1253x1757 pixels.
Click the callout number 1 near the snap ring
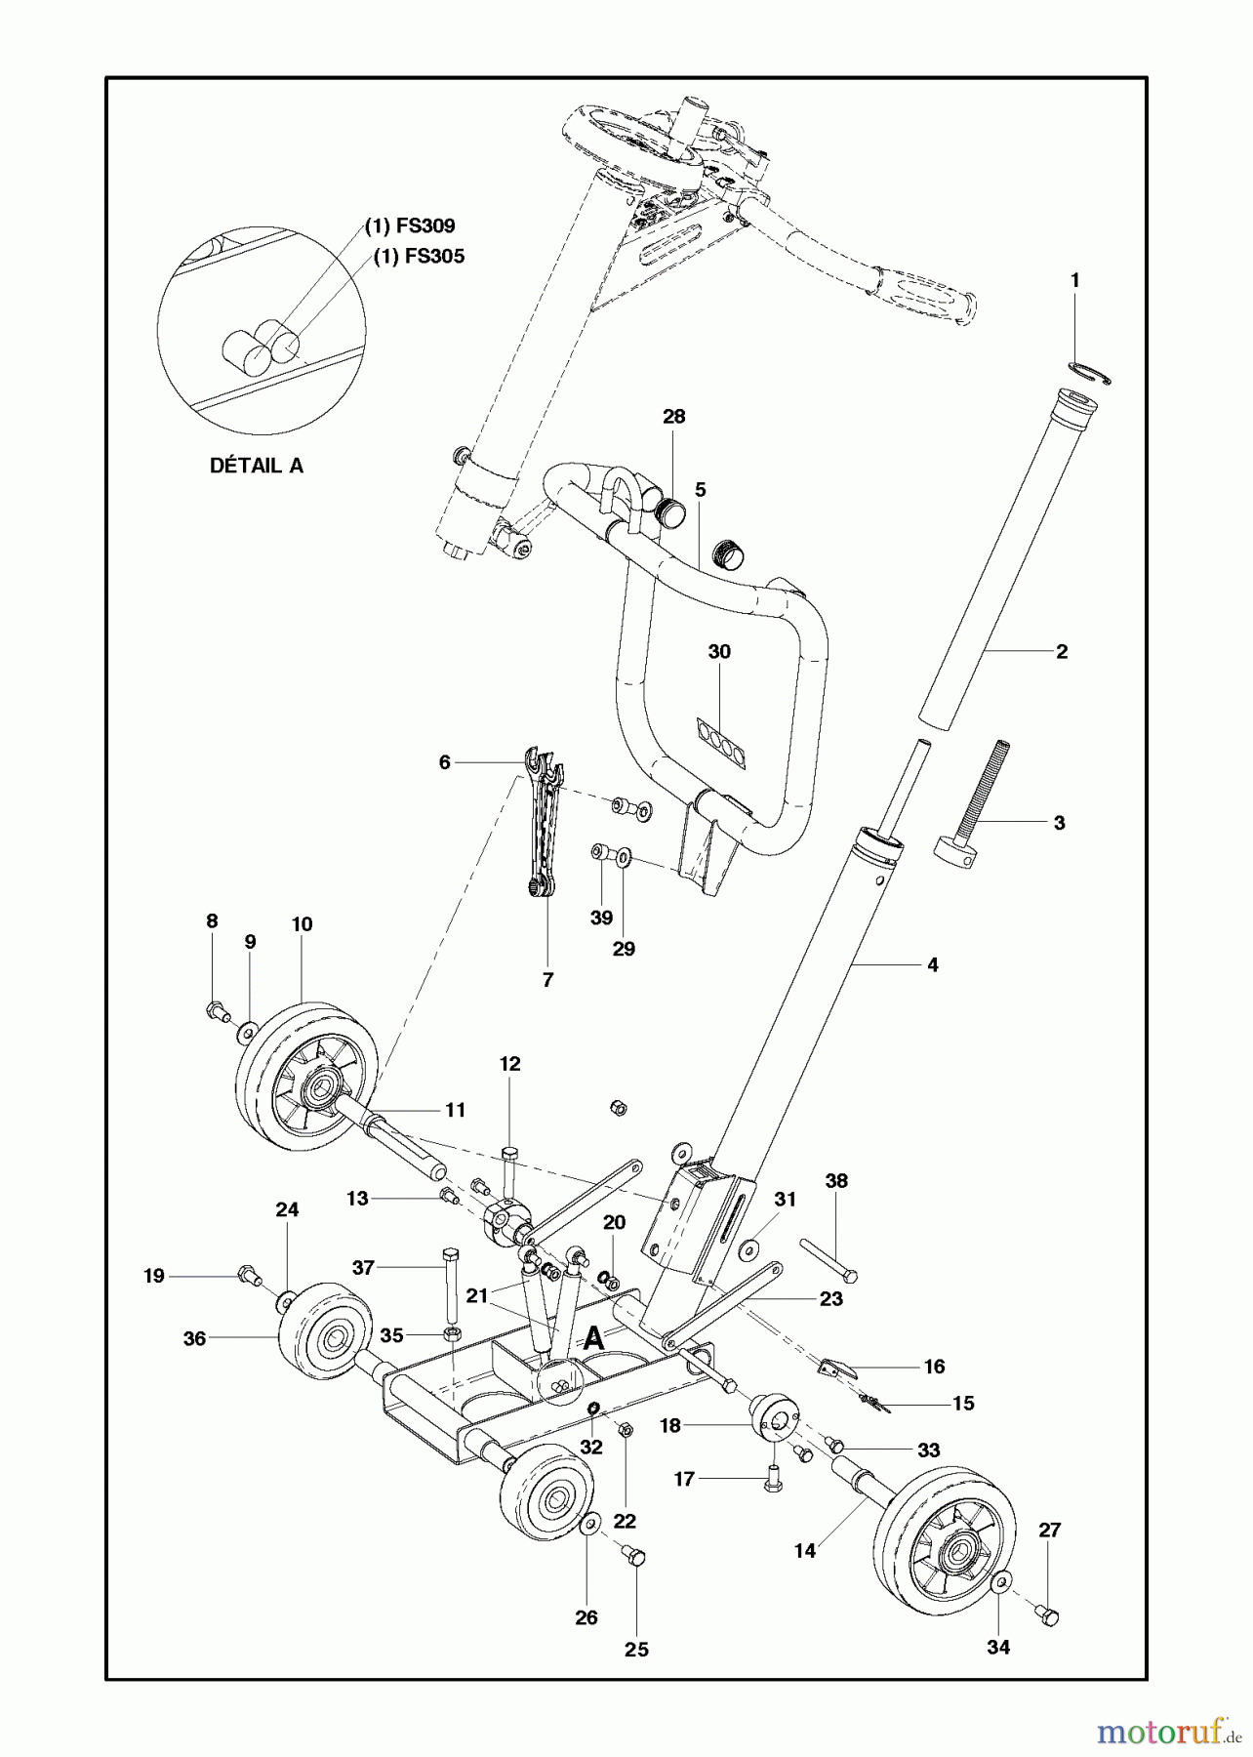click(x=1074, y=280)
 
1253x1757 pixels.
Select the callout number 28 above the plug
click(x=673, y=417)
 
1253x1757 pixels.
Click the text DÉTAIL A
click(x=257, y=466)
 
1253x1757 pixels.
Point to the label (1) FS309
click(x=410, y=226)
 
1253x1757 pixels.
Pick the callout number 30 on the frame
click(x=719, y=651)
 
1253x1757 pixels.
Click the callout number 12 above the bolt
click(x=510, y=1064)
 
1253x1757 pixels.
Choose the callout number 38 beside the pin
click(x=836, y=1181)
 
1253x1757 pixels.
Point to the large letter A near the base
click(x=592, y=1339)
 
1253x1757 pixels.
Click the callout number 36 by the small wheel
click(x=195, y=1338)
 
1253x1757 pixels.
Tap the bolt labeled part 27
click(x=1048, y=1618)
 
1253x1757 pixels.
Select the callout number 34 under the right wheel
click(x=997, y=1648)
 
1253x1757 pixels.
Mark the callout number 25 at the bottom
click(x=636, y=1650)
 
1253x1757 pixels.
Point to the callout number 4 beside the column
click(x=933, y=964)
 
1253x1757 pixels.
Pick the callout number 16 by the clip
click(x=934, y=1367)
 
